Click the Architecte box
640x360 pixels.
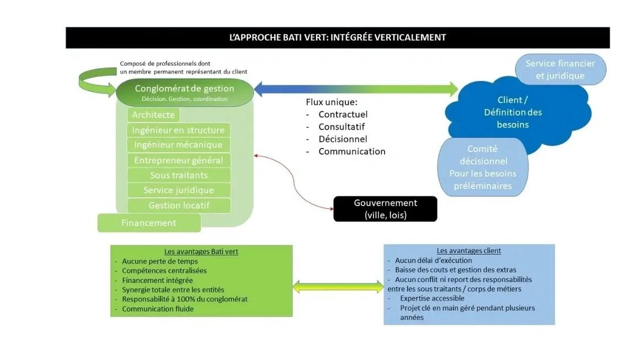153,115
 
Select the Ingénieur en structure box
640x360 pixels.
178,130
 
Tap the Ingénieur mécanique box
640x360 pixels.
178,145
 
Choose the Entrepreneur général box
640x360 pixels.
178,160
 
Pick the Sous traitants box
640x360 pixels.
178,175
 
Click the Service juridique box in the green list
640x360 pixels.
178,190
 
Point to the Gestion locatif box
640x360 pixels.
178,206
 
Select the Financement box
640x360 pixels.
149,223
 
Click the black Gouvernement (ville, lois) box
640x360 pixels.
385,209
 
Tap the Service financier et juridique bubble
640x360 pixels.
561,69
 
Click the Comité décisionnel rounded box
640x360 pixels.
483,167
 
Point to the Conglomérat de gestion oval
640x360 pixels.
185,93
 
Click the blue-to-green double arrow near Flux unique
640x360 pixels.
356,89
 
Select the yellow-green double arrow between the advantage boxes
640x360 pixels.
338,287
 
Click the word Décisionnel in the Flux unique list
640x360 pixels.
343,139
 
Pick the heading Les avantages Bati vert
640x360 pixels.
201,251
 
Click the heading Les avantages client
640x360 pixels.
468,251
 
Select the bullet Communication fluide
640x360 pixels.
158,309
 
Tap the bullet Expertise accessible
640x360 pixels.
432,298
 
